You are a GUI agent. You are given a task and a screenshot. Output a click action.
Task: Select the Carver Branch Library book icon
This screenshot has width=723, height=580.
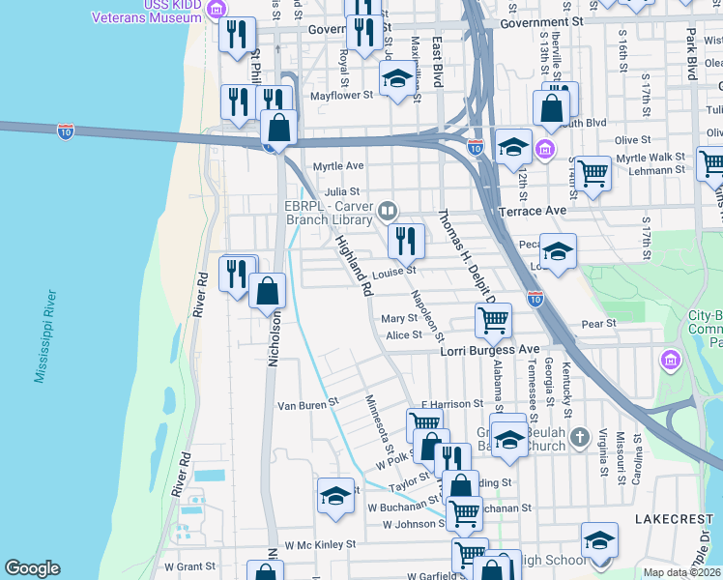tap(387, 210)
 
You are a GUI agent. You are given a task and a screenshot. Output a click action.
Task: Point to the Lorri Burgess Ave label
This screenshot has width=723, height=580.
tap(488, 349)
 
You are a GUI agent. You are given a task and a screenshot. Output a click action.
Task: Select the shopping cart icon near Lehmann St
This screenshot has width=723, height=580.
tap(593, 174)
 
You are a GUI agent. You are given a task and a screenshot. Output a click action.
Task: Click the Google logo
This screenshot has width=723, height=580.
tap(31, 568)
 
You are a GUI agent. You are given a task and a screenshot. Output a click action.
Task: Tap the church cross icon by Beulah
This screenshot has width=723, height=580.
tap(578, 437)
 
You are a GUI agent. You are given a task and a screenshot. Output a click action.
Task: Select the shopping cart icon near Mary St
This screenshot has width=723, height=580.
tap(491, 318)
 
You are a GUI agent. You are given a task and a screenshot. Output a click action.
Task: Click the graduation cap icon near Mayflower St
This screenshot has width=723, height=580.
tap(395, 78)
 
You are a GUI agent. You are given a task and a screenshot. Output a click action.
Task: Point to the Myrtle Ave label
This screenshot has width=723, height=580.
tap(337, 165)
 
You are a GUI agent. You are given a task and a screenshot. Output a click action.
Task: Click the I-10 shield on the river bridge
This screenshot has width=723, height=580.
tap(66, 129)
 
